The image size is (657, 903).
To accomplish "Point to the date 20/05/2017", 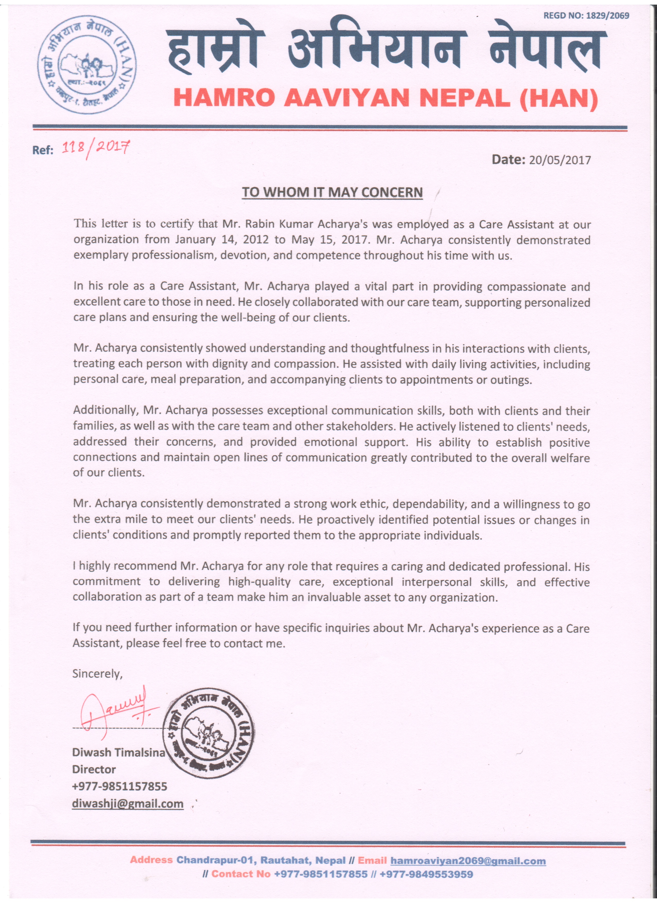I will [559, 160].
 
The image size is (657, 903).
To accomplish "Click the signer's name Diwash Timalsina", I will [119, 752].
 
